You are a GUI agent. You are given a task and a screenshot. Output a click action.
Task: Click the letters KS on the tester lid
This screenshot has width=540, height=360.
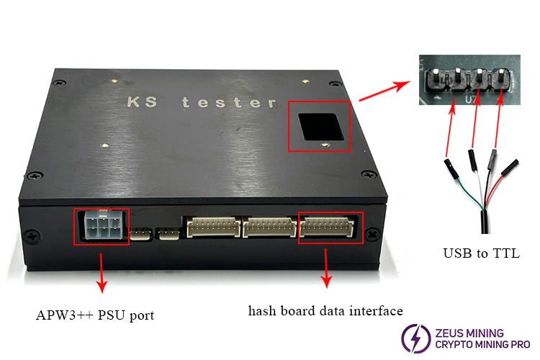pos(143,102)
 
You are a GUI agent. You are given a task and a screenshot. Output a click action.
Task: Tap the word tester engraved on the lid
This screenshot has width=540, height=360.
pos(229,102)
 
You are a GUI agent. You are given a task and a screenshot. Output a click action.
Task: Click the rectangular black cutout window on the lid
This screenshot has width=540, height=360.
pos(321,127)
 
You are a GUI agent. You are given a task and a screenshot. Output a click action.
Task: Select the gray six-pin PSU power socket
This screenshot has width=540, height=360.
pos(102,226)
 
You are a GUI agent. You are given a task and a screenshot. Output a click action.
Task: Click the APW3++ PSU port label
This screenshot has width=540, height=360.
pos(95,315)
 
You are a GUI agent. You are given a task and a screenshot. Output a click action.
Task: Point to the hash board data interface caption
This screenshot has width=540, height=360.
pos(325,311)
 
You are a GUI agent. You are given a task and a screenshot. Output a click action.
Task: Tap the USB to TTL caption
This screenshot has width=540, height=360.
pos(481,253)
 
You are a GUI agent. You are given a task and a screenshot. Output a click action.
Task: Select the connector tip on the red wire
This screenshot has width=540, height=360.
pos(510,167)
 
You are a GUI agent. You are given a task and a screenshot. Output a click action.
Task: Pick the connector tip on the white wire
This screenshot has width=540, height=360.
pos(472,160)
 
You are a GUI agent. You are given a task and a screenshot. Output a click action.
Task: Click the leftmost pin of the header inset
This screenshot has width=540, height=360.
pos(435,76)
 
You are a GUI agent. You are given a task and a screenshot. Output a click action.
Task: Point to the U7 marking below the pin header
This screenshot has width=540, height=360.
pos(470,99)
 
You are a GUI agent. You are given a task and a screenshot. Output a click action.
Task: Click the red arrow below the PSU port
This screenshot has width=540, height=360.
pos(102,274)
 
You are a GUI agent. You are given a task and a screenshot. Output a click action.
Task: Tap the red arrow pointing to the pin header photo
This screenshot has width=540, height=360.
pos(384,91)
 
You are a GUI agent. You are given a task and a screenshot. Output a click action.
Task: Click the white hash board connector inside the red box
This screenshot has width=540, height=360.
pos(327,227)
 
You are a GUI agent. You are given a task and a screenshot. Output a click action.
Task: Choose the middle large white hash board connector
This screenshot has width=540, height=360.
pos(269,227)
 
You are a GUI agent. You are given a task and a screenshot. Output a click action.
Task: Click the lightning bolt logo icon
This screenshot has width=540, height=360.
pos(415,338)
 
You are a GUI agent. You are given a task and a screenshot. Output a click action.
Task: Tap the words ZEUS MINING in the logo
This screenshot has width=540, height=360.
pos(469,333)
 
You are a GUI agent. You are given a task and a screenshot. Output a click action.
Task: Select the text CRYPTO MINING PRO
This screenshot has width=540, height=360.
pos(482,344)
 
